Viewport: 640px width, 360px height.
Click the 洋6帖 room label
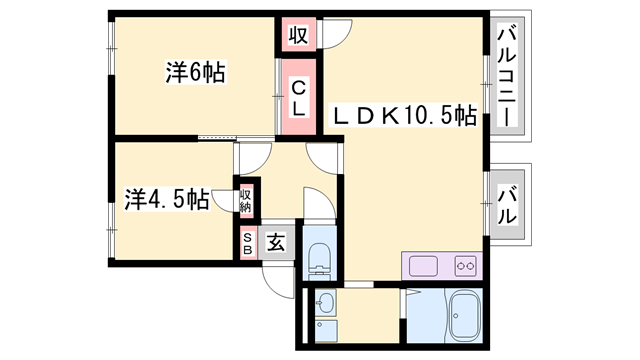pyautogui.click(x=194, y=72)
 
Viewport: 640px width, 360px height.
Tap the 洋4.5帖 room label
pyautogui.click(x=166, y=198)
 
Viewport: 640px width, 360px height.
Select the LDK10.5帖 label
pyautogui.click(x=403, y=116)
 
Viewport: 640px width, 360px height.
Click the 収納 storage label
pyautogui.click(x=246, y=199)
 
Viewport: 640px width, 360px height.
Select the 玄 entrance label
pyautogui.click(x=275, y=242)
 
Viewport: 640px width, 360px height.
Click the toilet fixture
pyautogui.click(x=319, y=257)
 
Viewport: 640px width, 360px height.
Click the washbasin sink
pyautogui.click(x=325, y=303)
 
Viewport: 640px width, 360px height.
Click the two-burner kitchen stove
pyautogui.click(x=464, y=266)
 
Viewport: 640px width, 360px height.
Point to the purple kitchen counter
pyautogui.click(x=443, y=266)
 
